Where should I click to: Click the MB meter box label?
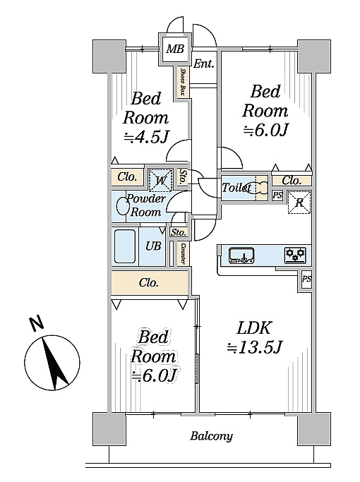tap(175, 49)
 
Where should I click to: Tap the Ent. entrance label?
tap(204, 64)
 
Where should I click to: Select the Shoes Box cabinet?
tap(183, 82)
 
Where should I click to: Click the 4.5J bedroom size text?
tap(147, 138)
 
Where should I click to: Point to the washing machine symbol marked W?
tap(160, 179)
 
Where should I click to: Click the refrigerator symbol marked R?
tap(299, 203)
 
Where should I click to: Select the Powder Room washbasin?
tap(124, 205)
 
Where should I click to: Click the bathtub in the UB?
tap(125, 246)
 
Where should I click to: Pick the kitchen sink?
tap(241, 255)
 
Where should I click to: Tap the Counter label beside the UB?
tap(184, 253)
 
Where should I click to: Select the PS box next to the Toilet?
tap(277, 195)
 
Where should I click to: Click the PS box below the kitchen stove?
tap(306, 279)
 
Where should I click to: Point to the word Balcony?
tap(212, 436)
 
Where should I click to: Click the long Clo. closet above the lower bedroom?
tap(150, 282)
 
